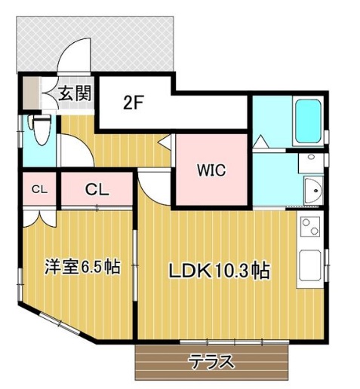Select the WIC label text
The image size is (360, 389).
point(211,170)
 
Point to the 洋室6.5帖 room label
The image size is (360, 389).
point(82,267)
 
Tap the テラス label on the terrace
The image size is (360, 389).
point(212,361)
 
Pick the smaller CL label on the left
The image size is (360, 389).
point(39,189)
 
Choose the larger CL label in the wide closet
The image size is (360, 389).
point(97,189)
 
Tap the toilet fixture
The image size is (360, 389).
point(39,133)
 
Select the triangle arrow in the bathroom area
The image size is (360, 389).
point(260,140)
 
